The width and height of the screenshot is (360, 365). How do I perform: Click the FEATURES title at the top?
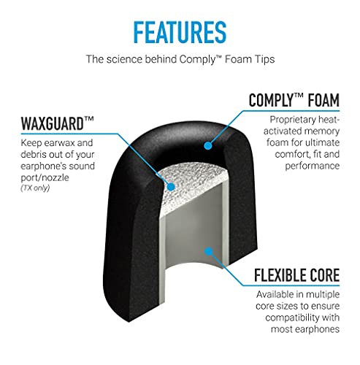tap(180, 32)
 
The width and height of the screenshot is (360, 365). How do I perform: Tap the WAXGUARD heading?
tap(58, 123)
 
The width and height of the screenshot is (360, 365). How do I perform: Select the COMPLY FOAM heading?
tap(294, 100)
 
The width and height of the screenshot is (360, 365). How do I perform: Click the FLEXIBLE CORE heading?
tap(296, 275)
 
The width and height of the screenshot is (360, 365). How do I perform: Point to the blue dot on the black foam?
tap(208, 145)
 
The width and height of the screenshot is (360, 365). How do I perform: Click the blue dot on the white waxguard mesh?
tap(172, 187)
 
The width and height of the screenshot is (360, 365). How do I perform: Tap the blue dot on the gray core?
tap(209, 251)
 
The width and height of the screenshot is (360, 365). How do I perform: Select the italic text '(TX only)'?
tap(35, 188)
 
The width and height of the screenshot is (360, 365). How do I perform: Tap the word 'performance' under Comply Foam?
tap(313, 166)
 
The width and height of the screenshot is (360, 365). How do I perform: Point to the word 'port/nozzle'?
tap(45, 177)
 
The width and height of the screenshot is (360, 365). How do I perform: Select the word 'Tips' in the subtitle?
tap(266, 59)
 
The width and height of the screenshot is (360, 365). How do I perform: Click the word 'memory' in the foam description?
tap(322, 131)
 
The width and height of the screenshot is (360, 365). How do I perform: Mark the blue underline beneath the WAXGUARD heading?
tap(69, 134)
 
